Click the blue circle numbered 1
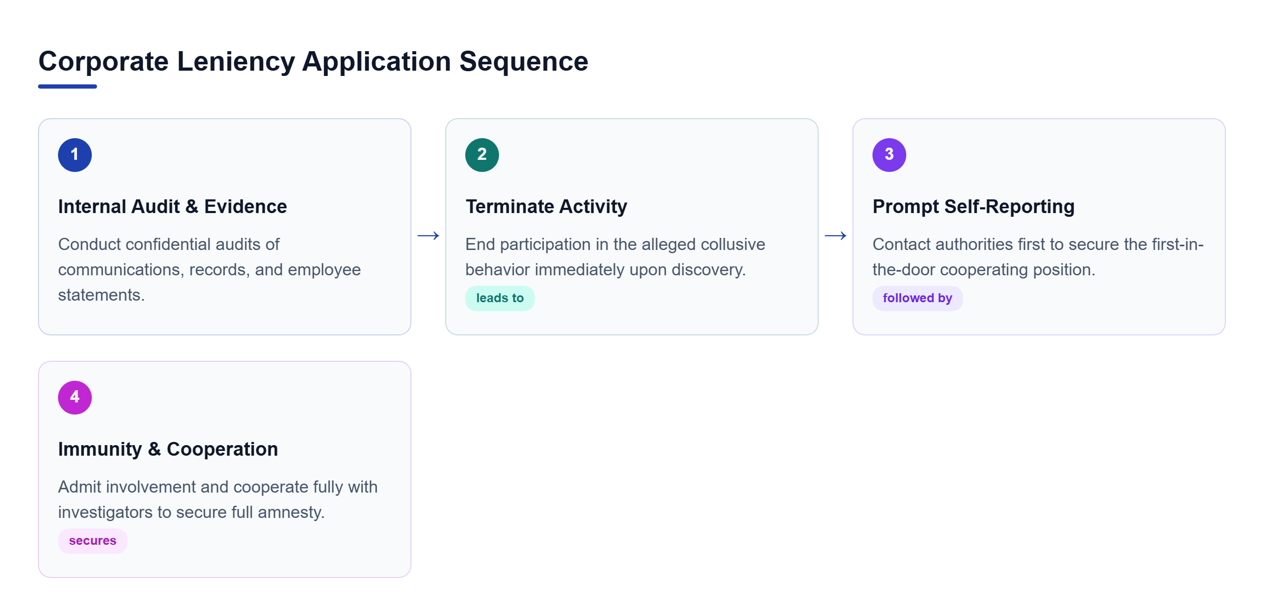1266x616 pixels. click(75, 155)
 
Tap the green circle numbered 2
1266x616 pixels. click(482, 155)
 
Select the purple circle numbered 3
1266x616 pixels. click(889, 155)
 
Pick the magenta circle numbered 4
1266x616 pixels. click(75, 398)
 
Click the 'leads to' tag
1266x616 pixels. click(500, 299)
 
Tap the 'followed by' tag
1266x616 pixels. click(918, 299)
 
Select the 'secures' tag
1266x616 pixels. click(93, 541)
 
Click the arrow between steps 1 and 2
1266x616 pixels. click(428, 236)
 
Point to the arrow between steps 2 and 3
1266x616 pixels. click(836, 236)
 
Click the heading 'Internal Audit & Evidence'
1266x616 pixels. click(172, 207)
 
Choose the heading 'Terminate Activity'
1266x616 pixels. click(546, 207)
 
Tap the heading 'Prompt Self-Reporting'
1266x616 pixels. click(974, 207)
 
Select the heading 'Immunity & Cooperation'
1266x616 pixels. click(168, 449)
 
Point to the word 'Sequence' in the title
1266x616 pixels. click(524, 62)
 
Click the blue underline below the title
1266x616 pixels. click(68, 86)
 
